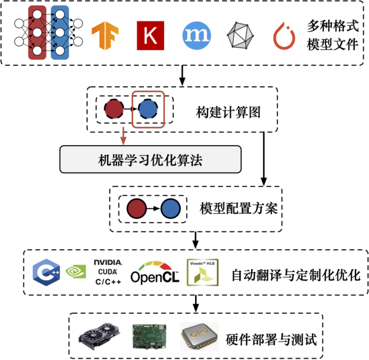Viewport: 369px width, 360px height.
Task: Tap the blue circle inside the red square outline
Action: tap(148, 108)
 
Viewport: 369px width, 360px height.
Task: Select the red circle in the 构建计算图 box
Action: tap(114, 108)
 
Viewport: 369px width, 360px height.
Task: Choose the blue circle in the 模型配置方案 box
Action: tap(170, 209)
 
